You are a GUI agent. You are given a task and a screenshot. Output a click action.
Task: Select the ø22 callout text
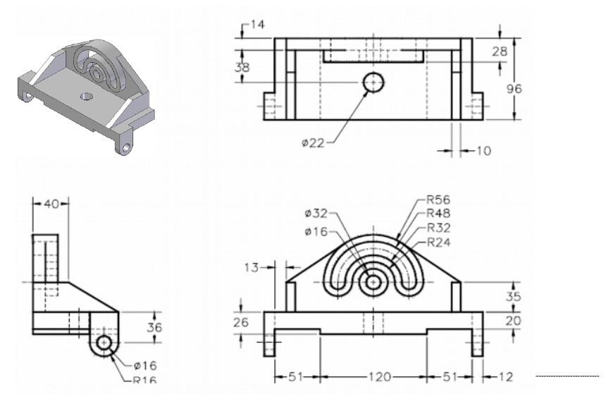[x=313, y=143]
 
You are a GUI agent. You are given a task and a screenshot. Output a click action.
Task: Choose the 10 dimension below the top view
[x=484, y=150]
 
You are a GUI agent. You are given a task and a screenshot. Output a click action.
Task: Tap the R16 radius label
[x=145, y=380]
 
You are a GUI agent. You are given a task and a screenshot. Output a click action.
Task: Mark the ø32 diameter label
[x=316, y=213]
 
